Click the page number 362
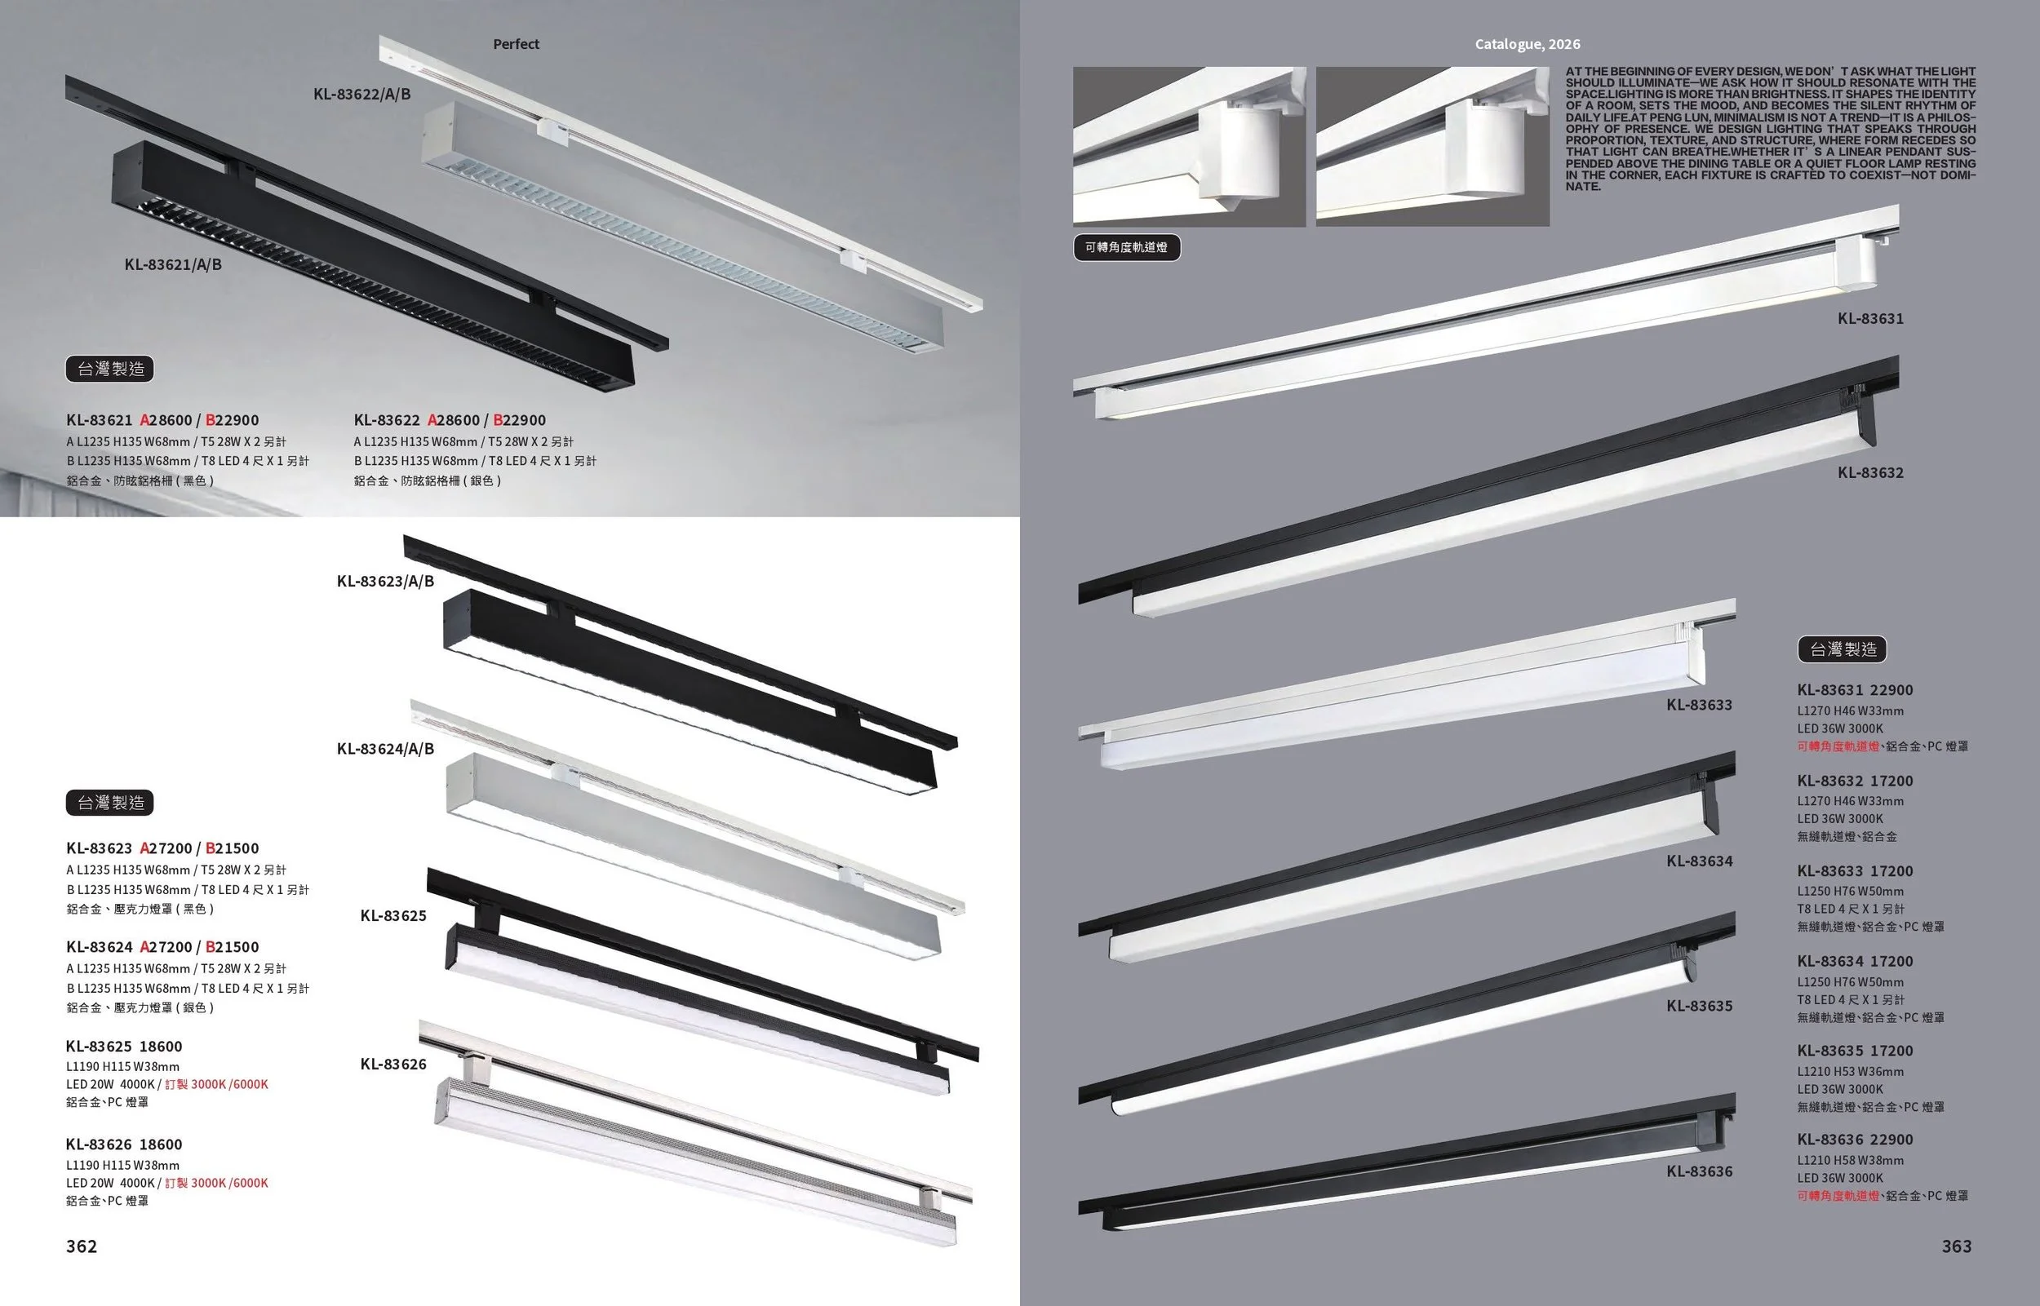(82, 1246)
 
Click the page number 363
(1957, 1246)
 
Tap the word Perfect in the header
(516, 44)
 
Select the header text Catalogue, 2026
(1527, 44)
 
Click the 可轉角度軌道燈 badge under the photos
(1126, 248)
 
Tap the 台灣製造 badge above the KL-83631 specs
(1843, 649)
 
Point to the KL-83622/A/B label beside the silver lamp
(362, 94)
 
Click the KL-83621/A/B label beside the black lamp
(173, 264)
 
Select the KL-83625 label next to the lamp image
(393, 916)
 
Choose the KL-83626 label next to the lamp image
(393, 1065)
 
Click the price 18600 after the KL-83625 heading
(160, 1047)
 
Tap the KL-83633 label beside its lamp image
(1699, 705)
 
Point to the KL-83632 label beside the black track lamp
(1870, 473)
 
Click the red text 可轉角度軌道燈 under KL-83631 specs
(1838, 746)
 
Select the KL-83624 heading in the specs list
(100, 947)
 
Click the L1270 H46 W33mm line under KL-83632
(1850, 801)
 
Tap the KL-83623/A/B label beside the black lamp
(385, 582)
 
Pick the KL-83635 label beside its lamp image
(1699, 1007)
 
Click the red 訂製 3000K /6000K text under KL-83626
(216, 1183)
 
